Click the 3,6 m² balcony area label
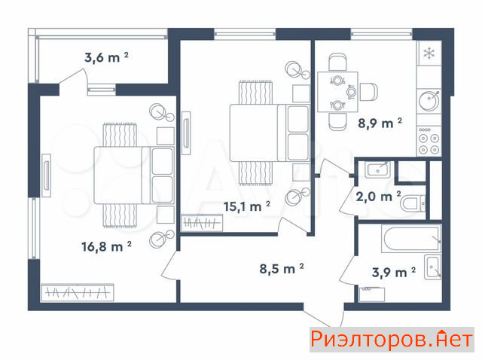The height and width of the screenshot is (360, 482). [x=106, y=57]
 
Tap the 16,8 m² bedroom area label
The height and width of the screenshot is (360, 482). [x=106, y=246]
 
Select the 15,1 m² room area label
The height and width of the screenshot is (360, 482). [x=247, y=206]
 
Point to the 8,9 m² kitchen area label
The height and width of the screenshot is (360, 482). [x=380, y=123]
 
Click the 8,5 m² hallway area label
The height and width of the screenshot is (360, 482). [x=282, y=268]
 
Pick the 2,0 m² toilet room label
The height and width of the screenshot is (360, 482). [x=378, y=196]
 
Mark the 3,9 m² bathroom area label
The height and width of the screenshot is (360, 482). [x=394, y=272]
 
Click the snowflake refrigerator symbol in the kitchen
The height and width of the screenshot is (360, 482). [x=429, y=53]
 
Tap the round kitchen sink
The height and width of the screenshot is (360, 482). [x=429, y=100]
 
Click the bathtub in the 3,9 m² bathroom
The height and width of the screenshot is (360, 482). [x=411, y=238]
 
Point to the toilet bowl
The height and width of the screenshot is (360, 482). [x=413, y=203]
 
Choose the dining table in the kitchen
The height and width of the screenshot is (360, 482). [x=337, y=92]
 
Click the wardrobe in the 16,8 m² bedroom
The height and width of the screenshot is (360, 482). [x=78, y=292]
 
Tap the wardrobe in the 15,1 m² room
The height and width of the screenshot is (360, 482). [x=202, y=223]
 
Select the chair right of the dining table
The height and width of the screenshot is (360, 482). [x=368, y=92]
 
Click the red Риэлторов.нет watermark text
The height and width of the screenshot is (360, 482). [x=392, y=340]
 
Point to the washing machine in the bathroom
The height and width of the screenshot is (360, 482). [x=371, y=294]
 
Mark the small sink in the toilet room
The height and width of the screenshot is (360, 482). [x=378, y=169]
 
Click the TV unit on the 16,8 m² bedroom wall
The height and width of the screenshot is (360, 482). [x=46, y=175]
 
